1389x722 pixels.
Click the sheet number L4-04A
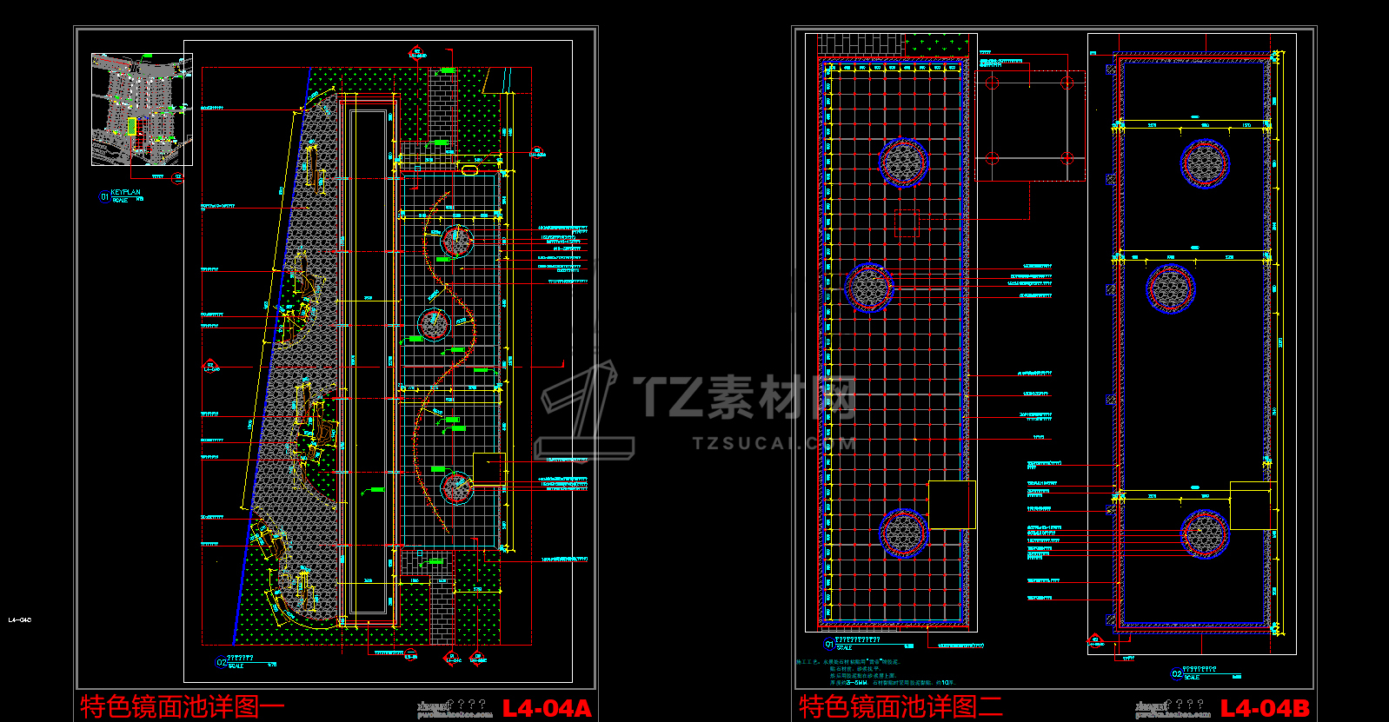point(547,708)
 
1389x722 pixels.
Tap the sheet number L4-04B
point(1265,708)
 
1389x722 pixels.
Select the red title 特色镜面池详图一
point(182,705)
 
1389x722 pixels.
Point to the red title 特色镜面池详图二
point(901,705)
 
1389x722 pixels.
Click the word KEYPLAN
point(125,192)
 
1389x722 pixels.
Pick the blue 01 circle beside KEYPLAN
point(104,197)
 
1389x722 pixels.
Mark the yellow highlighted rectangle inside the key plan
point(132,127)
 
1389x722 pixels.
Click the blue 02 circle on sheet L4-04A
point(221,663)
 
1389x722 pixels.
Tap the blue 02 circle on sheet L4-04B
point(1177,674)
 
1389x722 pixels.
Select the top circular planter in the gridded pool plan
point(903,162)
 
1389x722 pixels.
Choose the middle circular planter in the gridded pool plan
point(869,287)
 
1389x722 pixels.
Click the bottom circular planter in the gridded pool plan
point(904,532)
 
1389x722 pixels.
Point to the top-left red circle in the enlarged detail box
point(993,83)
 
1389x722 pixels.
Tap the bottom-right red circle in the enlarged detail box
point(1067,158)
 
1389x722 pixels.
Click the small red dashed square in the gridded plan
point(907,223)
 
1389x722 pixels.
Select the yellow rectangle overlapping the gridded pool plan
point(952,504)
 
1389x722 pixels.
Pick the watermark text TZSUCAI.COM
point(774,443)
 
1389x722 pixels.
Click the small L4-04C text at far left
point(19,620)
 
